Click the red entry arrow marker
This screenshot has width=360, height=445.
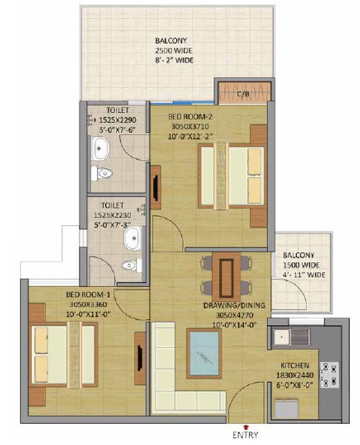[x=246, y=426]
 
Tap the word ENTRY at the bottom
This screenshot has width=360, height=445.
[x=246, y=435]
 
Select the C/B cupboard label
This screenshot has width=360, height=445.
[x=243, y=93]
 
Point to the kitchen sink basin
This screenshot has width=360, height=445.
[x=281, y=337]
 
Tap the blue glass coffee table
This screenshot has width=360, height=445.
[x=204, y=354]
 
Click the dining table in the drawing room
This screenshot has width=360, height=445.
[x=226, y=276]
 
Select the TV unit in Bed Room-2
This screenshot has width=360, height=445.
[x=156, y=187]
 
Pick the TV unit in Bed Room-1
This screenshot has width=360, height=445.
[x=140, y=358]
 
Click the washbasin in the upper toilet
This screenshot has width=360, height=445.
[x=100, y=148]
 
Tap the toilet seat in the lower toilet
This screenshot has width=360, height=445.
[x=132, y=266]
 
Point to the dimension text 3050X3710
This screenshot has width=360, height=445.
[x=190, y=127]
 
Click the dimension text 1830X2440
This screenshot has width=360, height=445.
[x=295, y=375]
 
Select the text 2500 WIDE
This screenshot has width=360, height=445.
[x=174, y=51]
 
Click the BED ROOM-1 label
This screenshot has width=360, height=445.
[x=88, y=294]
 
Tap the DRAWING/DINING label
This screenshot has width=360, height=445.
[x=235, y=305]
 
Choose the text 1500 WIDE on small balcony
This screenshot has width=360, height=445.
[x=301, y=265]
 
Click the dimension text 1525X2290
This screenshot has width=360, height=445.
[x=117, y=120]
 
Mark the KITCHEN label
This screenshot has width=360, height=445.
[x=295, y=365]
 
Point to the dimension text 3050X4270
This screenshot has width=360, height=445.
[x=235, y=315]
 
